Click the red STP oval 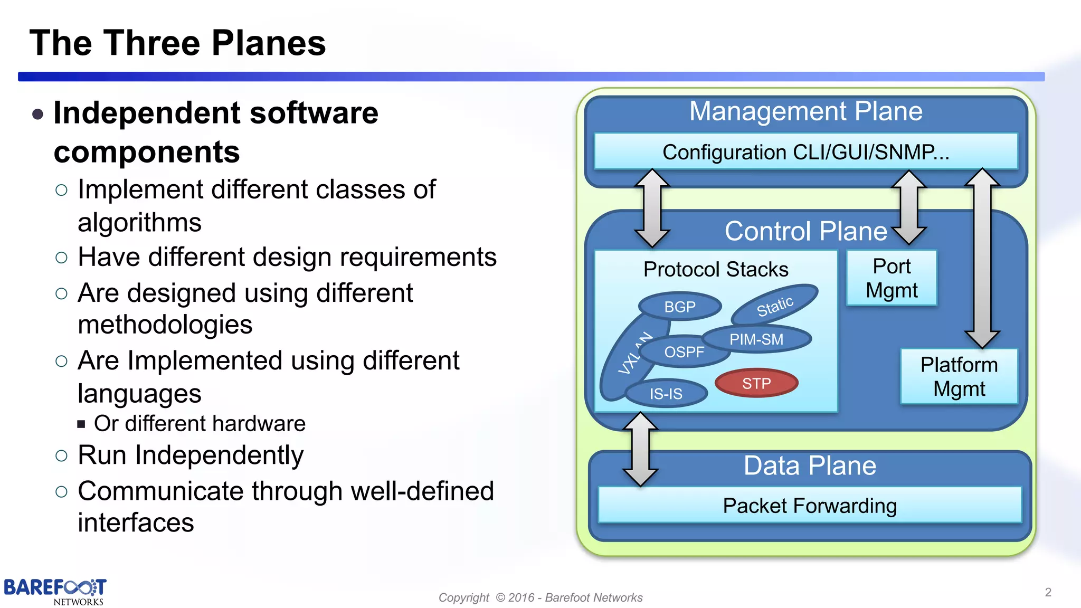coord(756,383)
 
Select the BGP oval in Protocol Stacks coord(680,307)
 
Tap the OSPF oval coord(684,352)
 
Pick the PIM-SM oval coord(756,339)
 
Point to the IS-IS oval coord(666,394)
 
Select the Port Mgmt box coord(892,278)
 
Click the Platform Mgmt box coord(959,376)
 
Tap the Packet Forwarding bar coord(809,506)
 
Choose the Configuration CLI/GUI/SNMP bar coord(805,152)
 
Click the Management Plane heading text coord(805,111)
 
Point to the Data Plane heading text coord(810,465)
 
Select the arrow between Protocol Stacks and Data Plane coord(640,449)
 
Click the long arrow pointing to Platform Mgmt coord(982,259)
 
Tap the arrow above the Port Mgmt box coord(908,207)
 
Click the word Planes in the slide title coord(269,43)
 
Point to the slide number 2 coord(1048,592)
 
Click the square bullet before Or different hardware coord(81,424)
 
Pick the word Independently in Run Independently coord(219,455)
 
